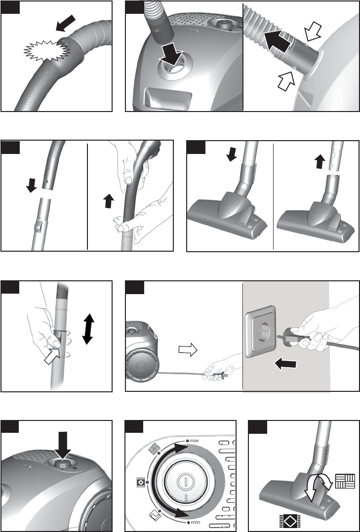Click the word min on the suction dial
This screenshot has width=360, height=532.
(194, 523)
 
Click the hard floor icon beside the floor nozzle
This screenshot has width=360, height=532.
(345, 481)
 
